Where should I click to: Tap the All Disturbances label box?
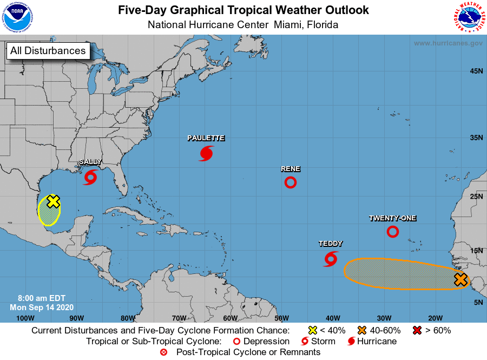tap(48, 51)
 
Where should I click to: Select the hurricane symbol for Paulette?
tap(206, 153)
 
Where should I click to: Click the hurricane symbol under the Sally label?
tap(90, 177)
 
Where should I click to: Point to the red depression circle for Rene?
tap(291, 182)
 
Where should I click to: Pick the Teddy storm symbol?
tap(331, 259)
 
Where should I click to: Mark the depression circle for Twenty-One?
tap(393, 232)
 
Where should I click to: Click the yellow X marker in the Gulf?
tap(53, 201)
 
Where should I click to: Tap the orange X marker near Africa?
tap(460, 280)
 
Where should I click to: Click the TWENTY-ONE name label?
tap(393, 218)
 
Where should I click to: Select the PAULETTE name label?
tap(206, 138)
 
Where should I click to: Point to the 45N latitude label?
tap(476, 71)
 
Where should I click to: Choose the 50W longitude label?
tap(281, 318)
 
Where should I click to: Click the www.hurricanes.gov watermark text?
tap(448, 43)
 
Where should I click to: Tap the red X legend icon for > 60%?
tap(417, 330)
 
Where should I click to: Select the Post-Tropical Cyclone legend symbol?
tap(164, 352)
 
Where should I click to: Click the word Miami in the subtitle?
tap(288, 25)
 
